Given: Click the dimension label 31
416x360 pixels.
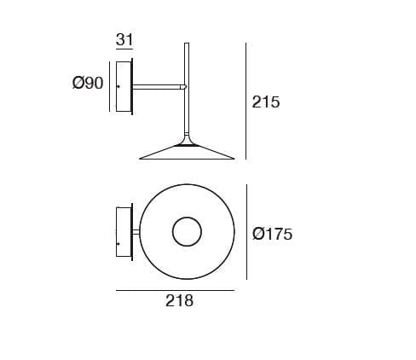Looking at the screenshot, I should [124, 40].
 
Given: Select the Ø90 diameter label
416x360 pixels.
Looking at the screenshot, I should [88, 83].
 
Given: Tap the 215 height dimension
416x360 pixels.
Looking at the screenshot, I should [266, 102].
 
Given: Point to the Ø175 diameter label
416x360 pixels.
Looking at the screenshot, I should [273, 234].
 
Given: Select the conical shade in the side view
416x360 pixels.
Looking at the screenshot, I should [187, 153].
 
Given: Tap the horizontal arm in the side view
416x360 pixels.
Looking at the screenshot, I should [158, 86].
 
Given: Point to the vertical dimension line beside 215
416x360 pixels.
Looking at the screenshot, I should [246, 102].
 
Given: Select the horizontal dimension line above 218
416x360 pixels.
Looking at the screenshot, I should [175, 290].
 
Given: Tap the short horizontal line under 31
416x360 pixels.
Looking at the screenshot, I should [124, 51].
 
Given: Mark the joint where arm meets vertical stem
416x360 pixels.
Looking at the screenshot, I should [184, 86].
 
